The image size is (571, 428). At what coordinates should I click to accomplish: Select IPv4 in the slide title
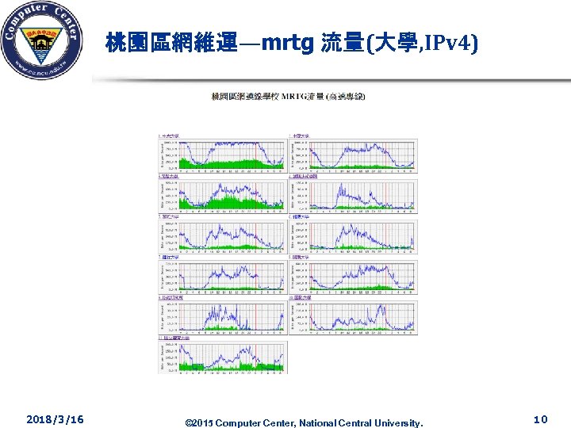pos(447,44)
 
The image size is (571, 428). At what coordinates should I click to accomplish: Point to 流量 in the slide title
pos(340,44)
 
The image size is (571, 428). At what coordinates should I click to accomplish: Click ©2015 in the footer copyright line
pos(198,422)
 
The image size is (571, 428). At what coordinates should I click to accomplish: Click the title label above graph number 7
pos(170,258)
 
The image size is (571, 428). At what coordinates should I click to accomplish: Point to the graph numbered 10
pos(361,316)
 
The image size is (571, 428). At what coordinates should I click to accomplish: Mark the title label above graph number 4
pos(305,176)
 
